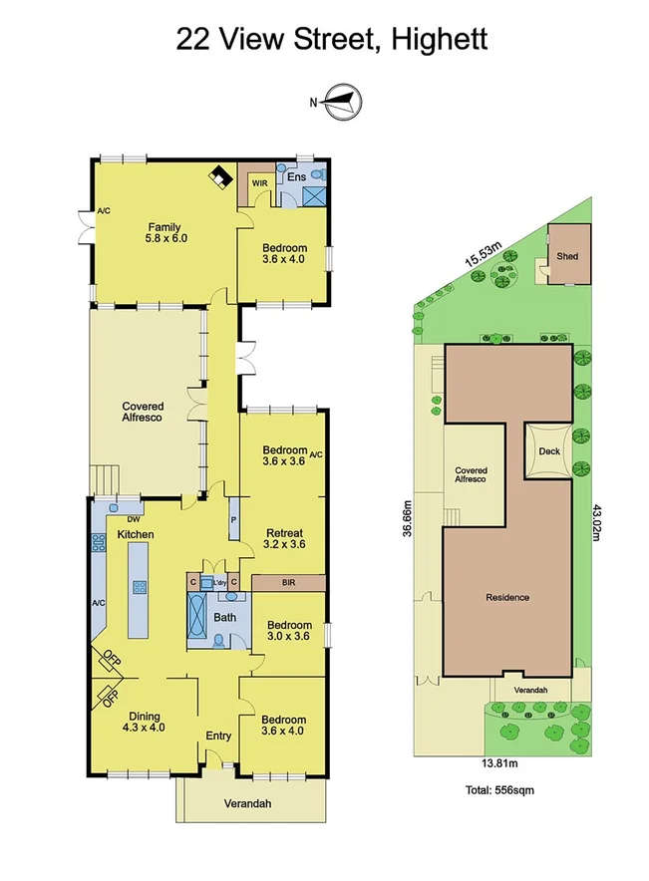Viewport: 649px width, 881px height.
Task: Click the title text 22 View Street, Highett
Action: coord(331,39)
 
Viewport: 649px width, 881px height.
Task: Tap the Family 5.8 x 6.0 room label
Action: coord(164,232)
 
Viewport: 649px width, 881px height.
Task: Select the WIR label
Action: coord(259,183)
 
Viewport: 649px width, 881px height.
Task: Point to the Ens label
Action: coord(296,176)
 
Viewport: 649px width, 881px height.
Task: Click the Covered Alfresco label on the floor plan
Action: coord(143,412)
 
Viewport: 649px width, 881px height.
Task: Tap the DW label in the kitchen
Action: coord(133,519)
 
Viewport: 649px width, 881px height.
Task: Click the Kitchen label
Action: coord(136,535)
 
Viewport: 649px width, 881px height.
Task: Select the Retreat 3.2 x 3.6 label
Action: coord(282,538)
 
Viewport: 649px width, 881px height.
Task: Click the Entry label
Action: coord(218,736)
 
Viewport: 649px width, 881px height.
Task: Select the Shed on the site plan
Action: coord(566,256)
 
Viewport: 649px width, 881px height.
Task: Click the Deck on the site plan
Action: coord(549,451)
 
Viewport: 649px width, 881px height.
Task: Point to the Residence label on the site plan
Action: coord(506,598)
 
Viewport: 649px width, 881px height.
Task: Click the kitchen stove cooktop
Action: coord(99,543)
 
